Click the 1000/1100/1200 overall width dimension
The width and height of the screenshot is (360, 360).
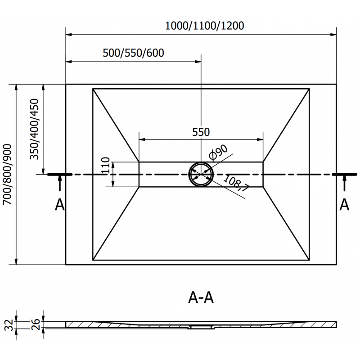click(204, 26)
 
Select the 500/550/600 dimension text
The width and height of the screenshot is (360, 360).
click(133, 53)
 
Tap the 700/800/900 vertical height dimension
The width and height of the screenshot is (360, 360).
click(7, 175)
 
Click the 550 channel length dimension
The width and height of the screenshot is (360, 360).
click(201, 132)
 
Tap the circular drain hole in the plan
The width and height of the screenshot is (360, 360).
click(201, 174)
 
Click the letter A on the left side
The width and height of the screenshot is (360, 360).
click(59, 205)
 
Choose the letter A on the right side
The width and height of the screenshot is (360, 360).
click(344, 205)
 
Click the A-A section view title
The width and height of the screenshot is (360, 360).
click(200, 298)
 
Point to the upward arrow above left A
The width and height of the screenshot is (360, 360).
click(59, 184)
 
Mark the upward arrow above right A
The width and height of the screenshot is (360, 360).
click(344, 184)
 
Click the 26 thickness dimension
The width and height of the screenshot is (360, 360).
click(34, 324)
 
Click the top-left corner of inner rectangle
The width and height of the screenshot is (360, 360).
click(93, 89)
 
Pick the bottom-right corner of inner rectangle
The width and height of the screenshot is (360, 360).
click(310, 260)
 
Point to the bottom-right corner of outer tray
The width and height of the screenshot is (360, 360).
click(337, 265)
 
